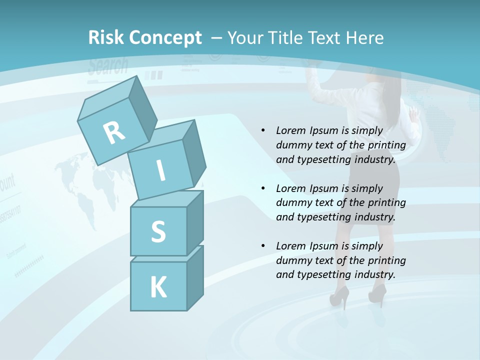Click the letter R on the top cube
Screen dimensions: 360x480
[114, 133]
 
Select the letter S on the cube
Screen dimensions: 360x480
[158, 232]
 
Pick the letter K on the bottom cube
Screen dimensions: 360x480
[158, 287]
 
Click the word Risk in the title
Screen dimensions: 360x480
[106, 37]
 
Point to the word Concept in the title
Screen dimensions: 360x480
[165, 37]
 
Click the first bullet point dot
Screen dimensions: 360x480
[263, 131]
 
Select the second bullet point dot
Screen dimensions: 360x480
[263, 188]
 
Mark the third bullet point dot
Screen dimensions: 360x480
[263, 246]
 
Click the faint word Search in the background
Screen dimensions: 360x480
[108, 66]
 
